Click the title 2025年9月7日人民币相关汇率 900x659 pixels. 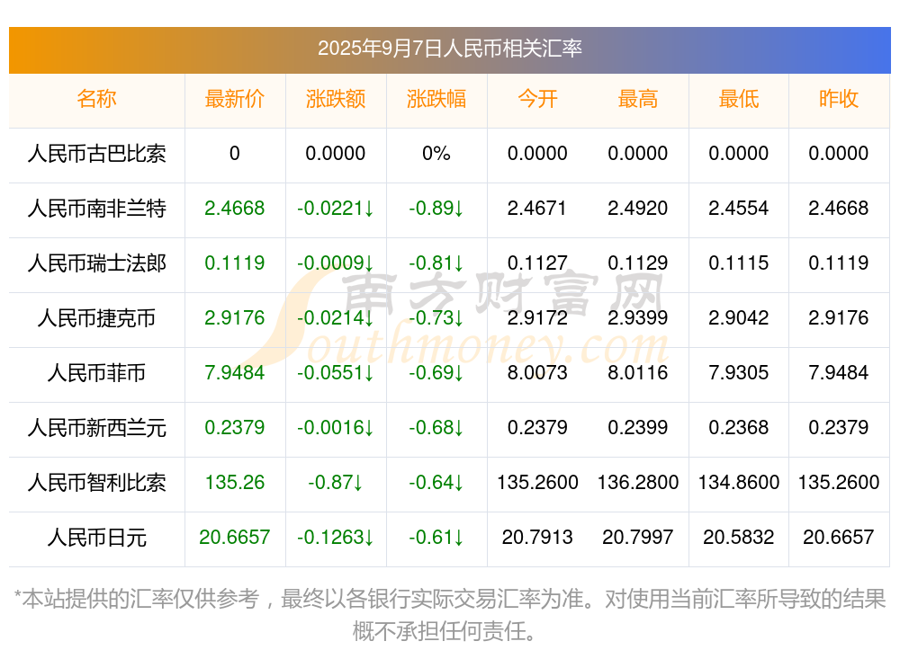coord(449,48)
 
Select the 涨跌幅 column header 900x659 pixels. coord(436,99)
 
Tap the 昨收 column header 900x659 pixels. coord(839,99)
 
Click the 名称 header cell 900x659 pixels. coord(96,99)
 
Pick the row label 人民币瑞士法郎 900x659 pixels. coord(96,263)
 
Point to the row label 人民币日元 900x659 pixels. coord(96,538)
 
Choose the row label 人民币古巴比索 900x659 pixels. coord(96,154)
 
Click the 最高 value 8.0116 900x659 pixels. coord(638,373)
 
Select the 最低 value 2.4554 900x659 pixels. coord(739,209)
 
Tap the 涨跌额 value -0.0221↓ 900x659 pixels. coord(336,209)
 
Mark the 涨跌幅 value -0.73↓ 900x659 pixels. coord(436,318)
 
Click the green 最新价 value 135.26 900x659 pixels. coord(235,483)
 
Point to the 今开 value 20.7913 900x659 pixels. coord(537,538)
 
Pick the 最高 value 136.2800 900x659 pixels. coord(638,483)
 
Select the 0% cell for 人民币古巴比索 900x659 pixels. coord(436,154)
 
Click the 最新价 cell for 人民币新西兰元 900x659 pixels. coord(235,428)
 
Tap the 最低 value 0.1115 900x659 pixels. coord(739,263)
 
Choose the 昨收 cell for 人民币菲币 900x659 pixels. coord(839,373)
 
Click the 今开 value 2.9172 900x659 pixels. coord(537,318)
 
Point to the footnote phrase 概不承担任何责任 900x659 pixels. coord(445,631)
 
